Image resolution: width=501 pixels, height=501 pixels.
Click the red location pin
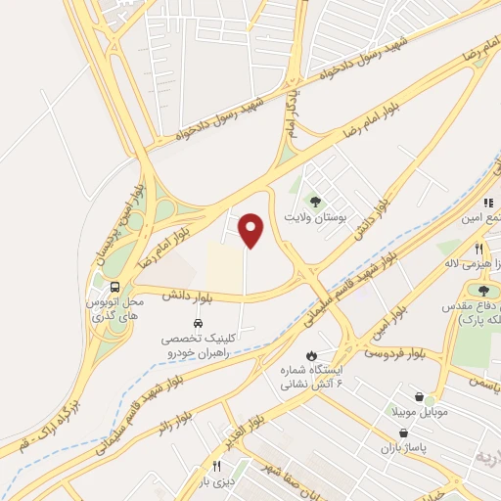pos(252,231)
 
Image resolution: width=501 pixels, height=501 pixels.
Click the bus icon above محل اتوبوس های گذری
pos(115,288)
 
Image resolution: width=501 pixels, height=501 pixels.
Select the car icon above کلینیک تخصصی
pos(198,322)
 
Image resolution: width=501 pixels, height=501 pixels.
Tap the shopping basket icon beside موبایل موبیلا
pos(420,397)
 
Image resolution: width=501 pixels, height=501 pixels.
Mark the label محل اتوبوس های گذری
pos(116,312)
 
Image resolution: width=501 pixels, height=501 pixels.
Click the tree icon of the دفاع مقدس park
pos(482,289)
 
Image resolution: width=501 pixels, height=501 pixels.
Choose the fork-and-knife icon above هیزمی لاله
pos(478,250)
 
